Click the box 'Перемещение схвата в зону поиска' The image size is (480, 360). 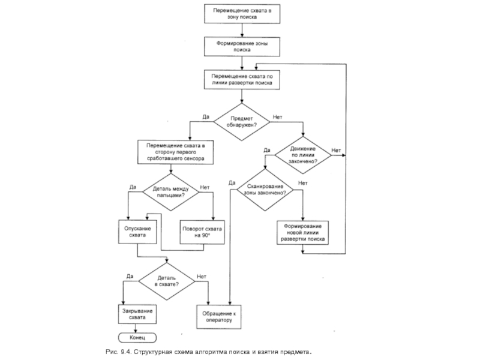pos(242,14)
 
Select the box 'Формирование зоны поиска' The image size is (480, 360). pos(242,47)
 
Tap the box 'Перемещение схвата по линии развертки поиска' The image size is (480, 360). pos(242,80)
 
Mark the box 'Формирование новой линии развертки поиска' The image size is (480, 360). pos(302,233)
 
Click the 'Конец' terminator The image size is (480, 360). pos(137,337)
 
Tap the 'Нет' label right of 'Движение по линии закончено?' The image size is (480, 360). pos(337,150)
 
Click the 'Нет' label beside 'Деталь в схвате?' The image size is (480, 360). pos(202,277)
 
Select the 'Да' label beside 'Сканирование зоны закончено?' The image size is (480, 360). pos(232,182)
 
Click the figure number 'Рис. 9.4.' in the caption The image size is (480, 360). pos(117,351)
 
